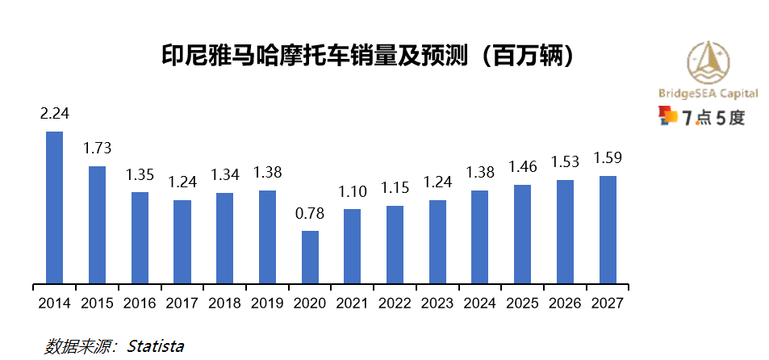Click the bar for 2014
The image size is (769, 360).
[54, 208]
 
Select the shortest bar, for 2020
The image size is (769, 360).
[310, 257]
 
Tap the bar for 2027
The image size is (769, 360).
[608, 230]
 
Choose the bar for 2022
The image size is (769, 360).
[395, 245]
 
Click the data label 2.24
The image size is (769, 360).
[54, 114]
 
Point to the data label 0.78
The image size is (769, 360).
[310, 213]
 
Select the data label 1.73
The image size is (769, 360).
[97, 149]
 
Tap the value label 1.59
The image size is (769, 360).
[608, 157]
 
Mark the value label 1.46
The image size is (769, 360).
[522, 167]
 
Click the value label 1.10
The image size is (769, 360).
[353, 191]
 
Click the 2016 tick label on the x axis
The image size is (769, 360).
[140, 303]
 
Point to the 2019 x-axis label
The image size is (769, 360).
[267, 303]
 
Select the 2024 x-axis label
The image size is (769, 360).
[480, 303]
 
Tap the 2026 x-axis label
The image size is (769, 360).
[565, 303]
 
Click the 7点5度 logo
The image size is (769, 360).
[702, 118]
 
